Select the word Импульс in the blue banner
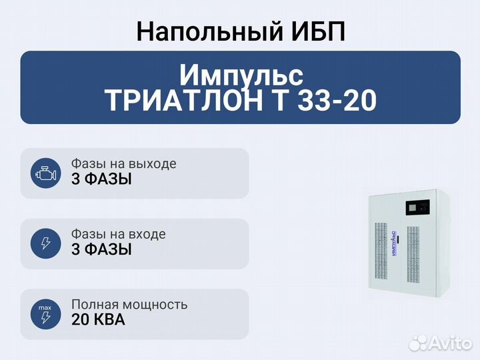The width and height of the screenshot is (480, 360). (x=241, y=73)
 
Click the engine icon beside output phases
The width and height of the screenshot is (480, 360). (x=46, y=173)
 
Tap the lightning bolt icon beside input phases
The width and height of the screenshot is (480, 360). (x=46, y=243)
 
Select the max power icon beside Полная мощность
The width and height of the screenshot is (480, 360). (x=46, y=313)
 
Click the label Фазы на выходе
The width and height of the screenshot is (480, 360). (x=123, y=164)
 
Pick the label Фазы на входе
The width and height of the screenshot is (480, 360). (x=118, y=234)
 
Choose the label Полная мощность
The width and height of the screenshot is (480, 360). (x=129, y=305)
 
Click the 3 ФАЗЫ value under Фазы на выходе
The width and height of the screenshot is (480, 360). (x=101, y=179)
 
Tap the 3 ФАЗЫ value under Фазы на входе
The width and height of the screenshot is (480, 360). (x=101, y=249)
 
